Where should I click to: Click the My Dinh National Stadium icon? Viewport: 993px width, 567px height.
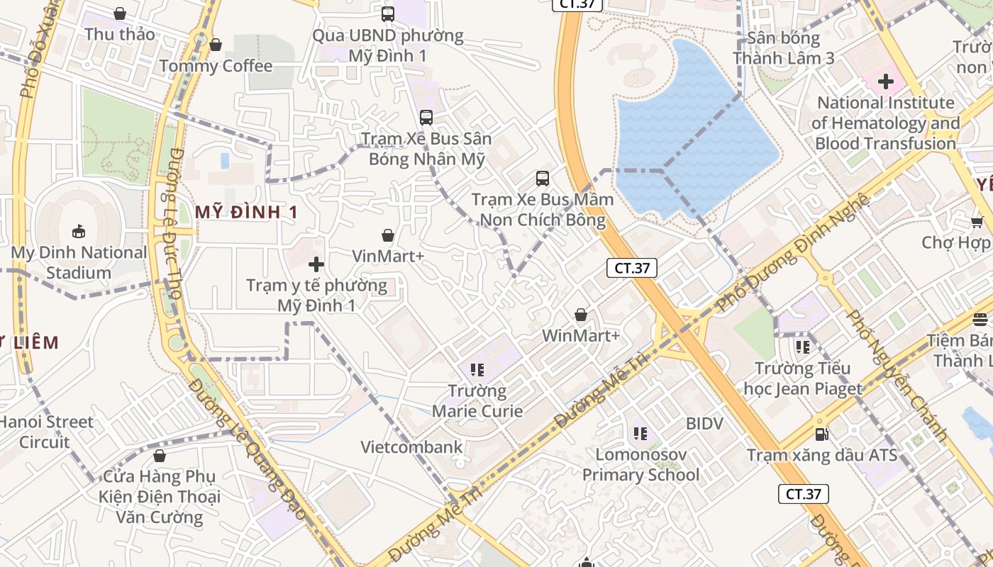pos(78,231)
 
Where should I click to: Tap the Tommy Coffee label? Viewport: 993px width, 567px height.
pos(216,66)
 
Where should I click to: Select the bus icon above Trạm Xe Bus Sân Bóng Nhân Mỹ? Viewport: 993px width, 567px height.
pos(426,118)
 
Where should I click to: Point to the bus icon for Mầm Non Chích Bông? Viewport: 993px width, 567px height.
pos(543,179)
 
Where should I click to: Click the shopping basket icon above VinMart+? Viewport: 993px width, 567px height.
pos(388,235)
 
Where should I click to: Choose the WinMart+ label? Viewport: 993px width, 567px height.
pos(581,335)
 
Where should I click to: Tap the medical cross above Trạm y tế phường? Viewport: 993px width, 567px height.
pos(316,265)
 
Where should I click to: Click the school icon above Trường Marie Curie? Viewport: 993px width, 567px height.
pos(477,369)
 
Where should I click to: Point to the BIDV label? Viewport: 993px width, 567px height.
pos(704,424)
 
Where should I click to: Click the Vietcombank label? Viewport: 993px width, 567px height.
pos(411,447)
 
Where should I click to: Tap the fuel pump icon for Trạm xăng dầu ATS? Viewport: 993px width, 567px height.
pos(821,434)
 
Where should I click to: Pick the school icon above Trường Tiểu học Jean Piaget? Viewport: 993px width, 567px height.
pos(803,347)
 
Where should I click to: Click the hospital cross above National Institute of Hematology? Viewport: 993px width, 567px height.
pos(885,82)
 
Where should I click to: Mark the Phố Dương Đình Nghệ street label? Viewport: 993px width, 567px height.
pos(793,252)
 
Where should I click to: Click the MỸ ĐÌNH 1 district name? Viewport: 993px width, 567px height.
pos(246,211)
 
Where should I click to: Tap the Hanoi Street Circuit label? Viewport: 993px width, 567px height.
pos(45,432)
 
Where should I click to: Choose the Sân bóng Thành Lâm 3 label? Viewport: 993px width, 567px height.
pos(784,48)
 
